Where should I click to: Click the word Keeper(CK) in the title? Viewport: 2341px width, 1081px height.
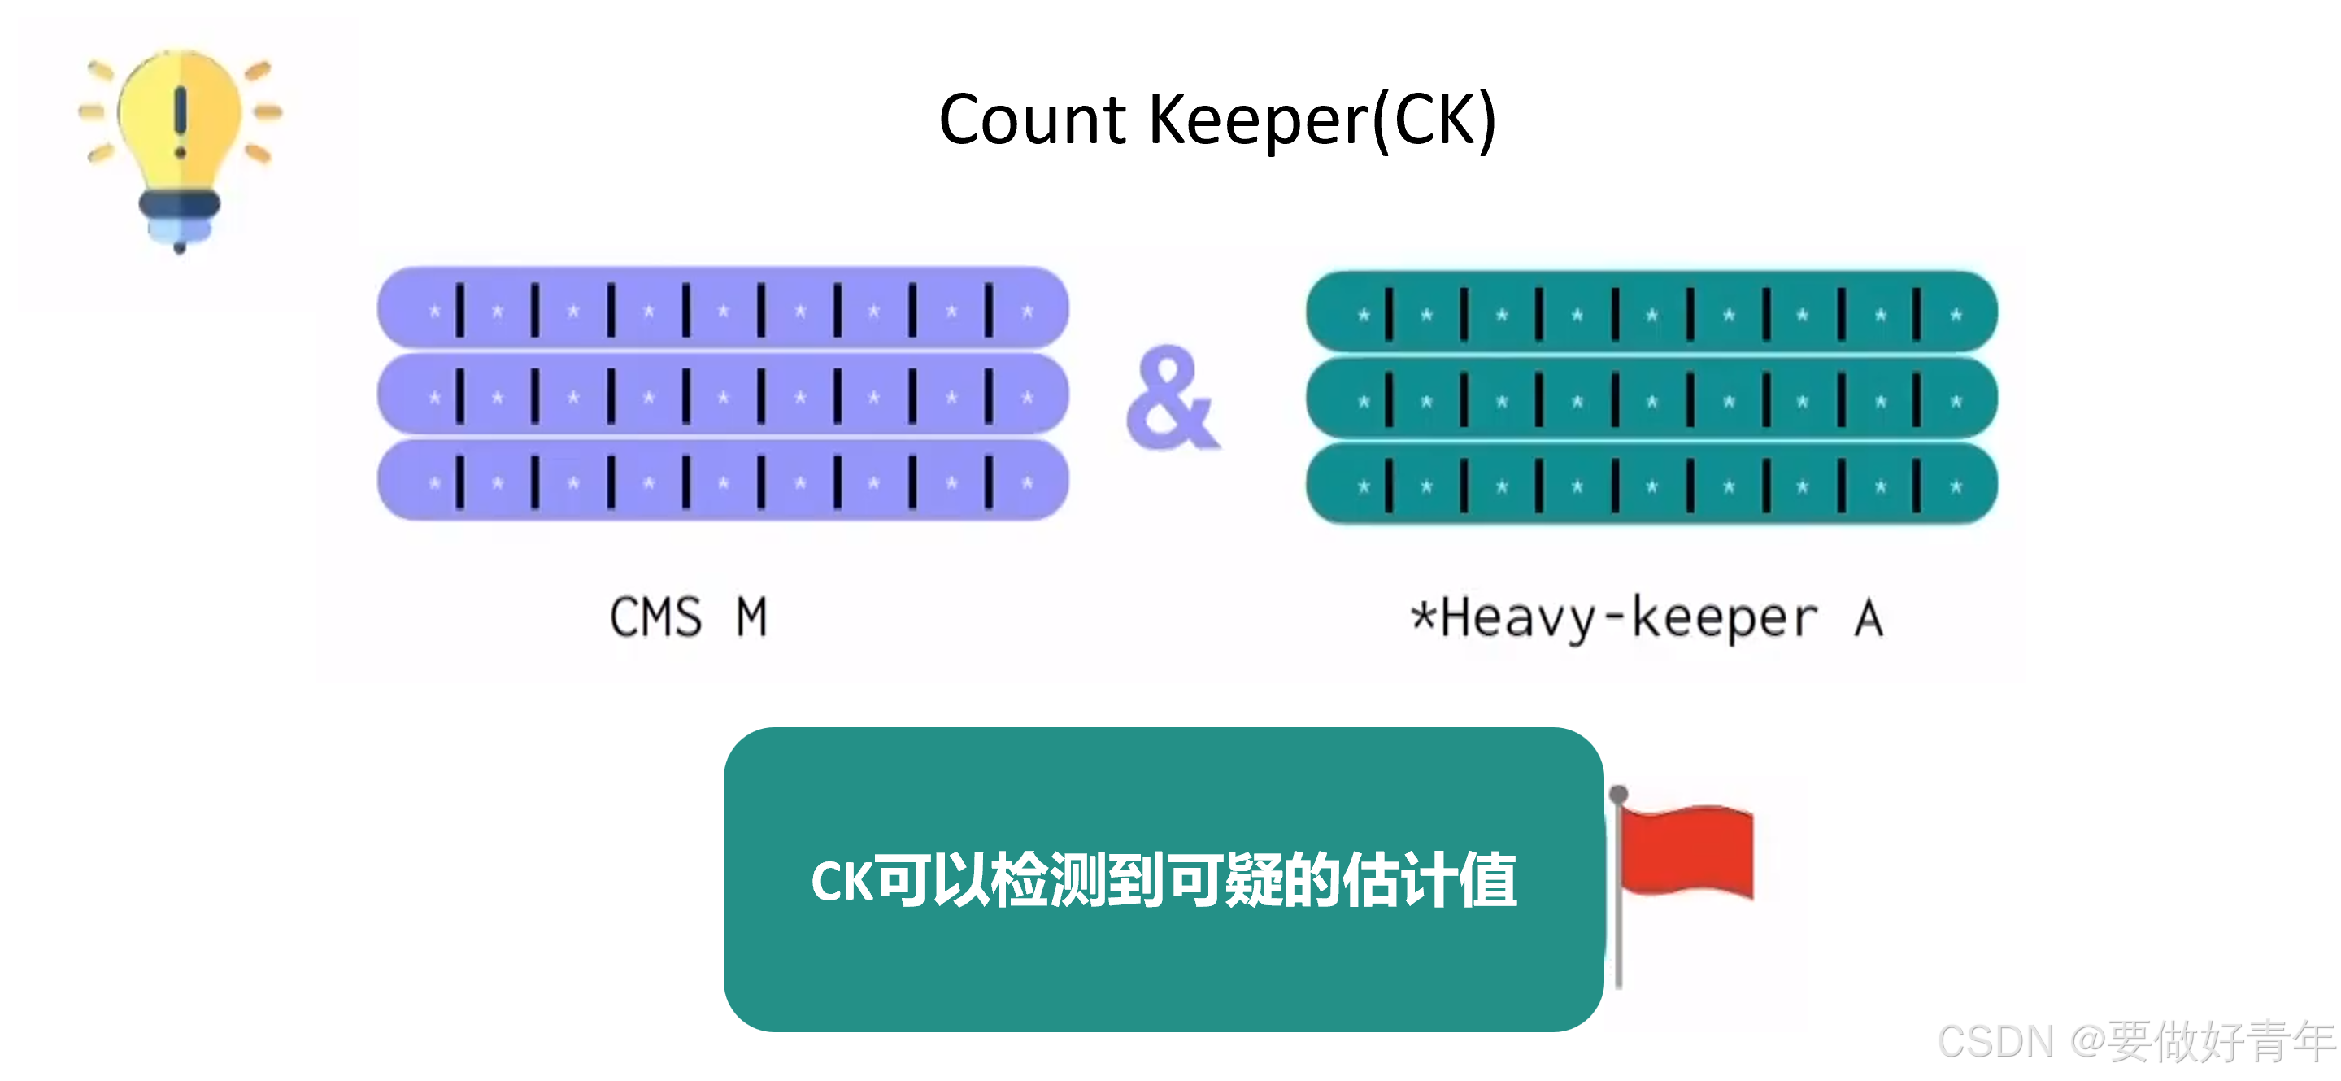[1322, 120]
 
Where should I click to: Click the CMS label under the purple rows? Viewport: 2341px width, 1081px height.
[655, 618]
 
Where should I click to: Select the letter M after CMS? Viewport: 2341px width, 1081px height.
[751, 618]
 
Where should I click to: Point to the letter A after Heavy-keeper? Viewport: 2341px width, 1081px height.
[1869, 618]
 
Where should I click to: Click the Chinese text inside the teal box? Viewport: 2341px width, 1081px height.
[1164, 880]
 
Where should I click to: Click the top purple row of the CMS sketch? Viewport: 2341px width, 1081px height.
[723, 309]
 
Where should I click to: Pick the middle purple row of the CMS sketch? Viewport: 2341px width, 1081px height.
[723, 395]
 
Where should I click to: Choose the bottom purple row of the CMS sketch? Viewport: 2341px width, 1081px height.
[723, 481]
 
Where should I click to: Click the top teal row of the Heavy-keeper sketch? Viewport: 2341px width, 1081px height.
[1651, 313]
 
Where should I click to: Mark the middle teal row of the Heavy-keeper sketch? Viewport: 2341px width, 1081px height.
[1651, 399]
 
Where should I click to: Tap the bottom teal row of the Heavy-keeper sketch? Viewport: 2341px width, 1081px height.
[1651, 485]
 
